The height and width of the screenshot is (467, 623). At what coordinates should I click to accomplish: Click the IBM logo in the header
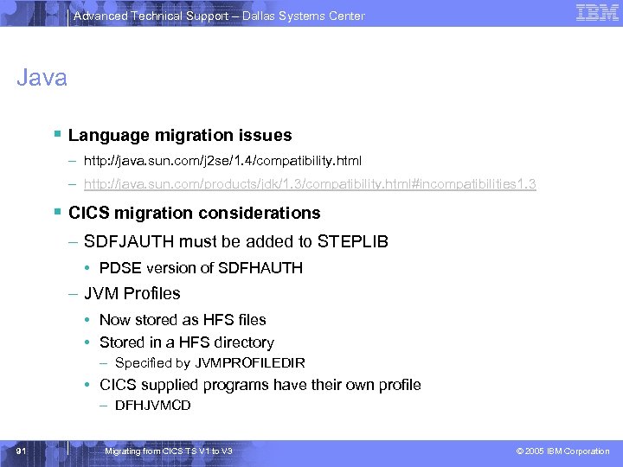click(x=597, y=13)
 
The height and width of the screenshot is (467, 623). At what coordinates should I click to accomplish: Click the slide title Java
click(x=42, y=79)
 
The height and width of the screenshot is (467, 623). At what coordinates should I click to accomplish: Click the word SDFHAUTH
click(x=260, y=268)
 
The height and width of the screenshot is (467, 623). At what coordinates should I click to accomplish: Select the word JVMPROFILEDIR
click(x=250, y=363)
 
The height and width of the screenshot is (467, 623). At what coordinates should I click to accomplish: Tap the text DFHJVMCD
click(x=152, y=406)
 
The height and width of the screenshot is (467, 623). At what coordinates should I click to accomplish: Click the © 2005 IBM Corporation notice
click(x=562, y=451)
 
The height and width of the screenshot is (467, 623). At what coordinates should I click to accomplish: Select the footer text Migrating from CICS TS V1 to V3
click(x=168, y=451)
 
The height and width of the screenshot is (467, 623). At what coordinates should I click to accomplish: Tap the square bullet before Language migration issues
click(x=56, y=135)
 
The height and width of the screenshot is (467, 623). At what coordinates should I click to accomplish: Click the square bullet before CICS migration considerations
click(x=56, y=213)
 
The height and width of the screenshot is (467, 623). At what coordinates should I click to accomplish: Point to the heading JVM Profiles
click(x=132, y=293)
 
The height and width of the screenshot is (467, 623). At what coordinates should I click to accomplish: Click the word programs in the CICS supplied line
click(x=255, y=385)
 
